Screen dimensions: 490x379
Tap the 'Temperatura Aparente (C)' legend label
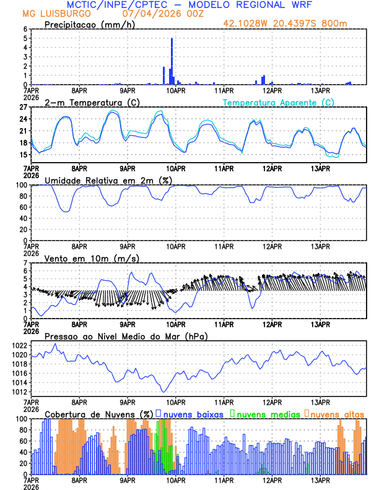pos(279,102)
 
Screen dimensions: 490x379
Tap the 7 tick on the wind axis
pos(25,264)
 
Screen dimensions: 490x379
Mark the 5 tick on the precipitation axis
pos(25,38)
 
